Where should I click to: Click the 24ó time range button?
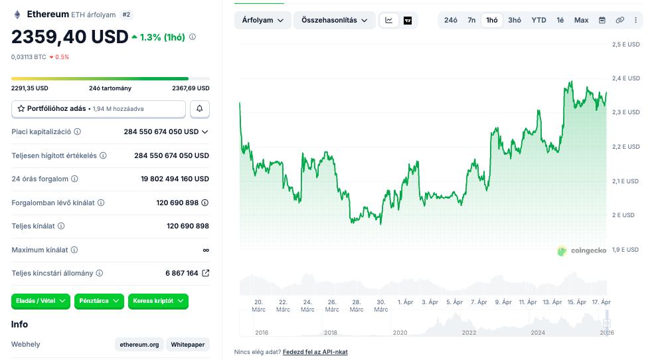450,20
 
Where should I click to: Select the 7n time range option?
471,20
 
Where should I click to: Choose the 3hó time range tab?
515,20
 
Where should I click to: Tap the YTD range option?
538,20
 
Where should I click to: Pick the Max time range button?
581,20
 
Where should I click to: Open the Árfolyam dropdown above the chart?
262,21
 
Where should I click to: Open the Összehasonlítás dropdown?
334,21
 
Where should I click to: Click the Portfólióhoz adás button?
98,108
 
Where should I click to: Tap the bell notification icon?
199,108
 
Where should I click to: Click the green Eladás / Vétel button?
41,301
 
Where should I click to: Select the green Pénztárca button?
99,301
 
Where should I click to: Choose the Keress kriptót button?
158,301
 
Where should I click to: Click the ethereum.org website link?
139,344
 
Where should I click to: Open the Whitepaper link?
188,344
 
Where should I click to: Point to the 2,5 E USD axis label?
625,45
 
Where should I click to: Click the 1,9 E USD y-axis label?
625,250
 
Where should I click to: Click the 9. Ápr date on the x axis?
503,302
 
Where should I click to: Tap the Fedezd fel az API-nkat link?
315,351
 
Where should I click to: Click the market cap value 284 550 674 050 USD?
161,132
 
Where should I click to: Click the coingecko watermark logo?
582,251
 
